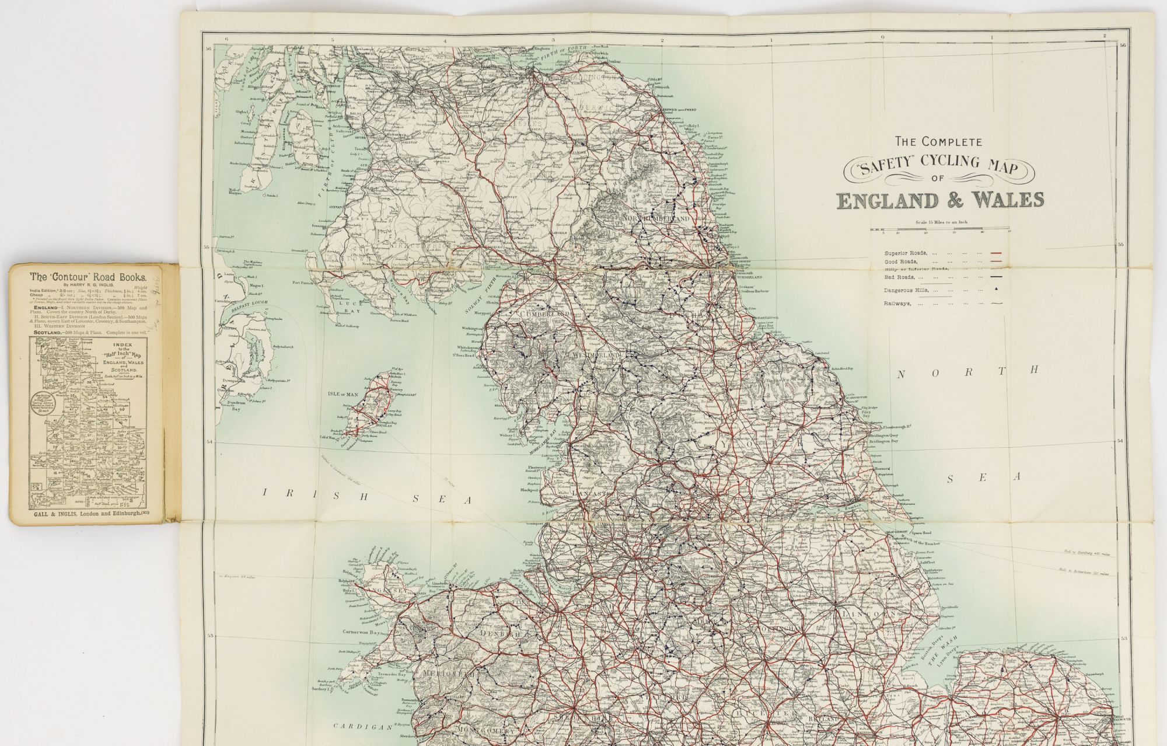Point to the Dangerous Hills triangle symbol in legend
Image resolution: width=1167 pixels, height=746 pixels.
(997, 289)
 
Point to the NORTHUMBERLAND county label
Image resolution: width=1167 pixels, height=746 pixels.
(656, 218)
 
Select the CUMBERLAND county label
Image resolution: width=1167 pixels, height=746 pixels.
(540, 314)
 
